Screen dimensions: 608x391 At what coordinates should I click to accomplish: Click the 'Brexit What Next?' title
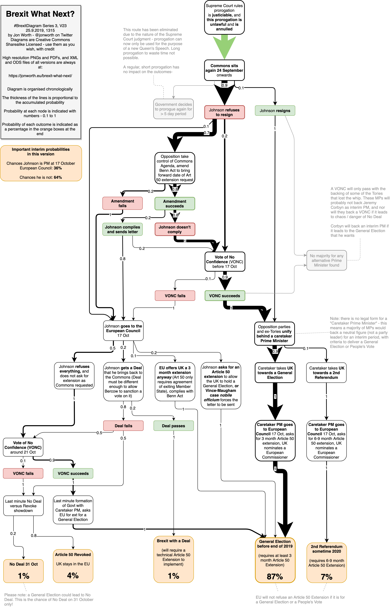click(x=40, y=14)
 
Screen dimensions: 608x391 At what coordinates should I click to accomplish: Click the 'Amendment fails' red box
click(x=122, y=203)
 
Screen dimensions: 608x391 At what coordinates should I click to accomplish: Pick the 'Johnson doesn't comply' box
click(x=175, y=229)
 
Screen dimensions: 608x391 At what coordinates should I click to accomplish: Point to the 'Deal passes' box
click(x=173, y=426)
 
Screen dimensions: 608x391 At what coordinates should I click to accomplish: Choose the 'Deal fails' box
click(x=123, y=426)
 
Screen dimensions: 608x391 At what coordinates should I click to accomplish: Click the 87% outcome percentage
click(x=275, y=577)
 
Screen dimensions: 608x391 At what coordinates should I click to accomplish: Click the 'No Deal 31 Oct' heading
click(x=24, y=564)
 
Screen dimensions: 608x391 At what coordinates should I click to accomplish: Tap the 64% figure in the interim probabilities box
click(x=58, y=177)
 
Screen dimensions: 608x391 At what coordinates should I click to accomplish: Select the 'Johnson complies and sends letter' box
click(x=122, y=229)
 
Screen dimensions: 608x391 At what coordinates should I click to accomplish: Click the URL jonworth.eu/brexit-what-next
click(x=40, y=76)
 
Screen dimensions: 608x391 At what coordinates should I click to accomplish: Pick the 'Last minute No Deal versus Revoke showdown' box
click(x=23, y=506)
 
